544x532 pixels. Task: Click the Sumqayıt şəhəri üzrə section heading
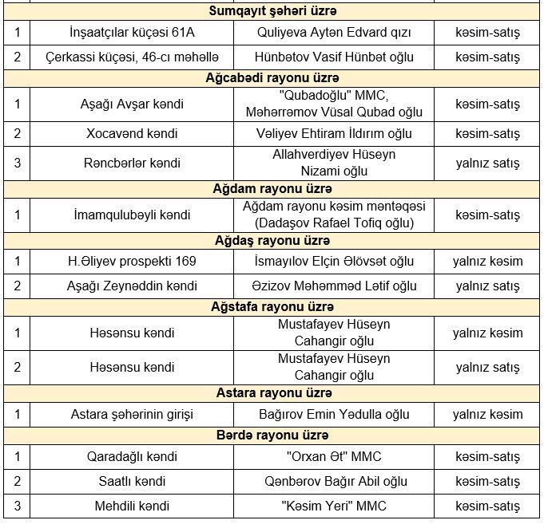tap(272, 11)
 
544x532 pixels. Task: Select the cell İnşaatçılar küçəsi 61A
tap(132, 33)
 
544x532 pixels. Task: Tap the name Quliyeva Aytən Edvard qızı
tap(334, 33)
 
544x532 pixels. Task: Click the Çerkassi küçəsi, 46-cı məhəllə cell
tap(132, 57)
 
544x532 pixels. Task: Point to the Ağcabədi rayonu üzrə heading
tap(272, 78)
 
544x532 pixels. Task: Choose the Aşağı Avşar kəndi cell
tap(132, 104)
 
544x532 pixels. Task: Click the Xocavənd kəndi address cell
tap(132, 133)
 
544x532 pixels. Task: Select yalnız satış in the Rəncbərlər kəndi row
tap(487, 164)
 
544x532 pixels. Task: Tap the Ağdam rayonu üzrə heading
tap(272, 189)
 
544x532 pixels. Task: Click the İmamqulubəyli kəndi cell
tap(132, 215)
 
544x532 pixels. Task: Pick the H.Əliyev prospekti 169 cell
tap(132, 262)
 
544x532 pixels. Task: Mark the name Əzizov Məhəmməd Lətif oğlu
tap(334, 286)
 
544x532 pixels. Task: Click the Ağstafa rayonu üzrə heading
tap(272, 307)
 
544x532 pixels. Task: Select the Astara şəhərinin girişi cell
tap(132, 415)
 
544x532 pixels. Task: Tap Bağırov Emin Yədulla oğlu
tap(334, 415)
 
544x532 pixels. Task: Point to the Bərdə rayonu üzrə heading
tap(272, 436)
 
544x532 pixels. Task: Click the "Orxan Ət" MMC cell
tap(334, 457)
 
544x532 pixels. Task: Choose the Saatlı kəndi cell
tap(132, 482)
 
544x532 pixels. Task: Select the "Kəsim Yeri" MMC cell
tap(334, 506)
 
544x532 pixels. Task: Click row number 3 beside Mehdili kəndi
tap(17, 506)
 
